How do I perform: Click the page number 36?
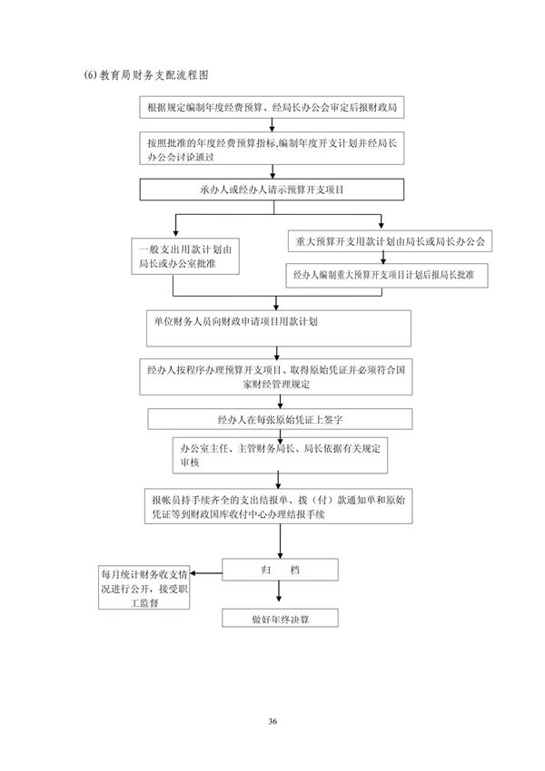coord(272,720)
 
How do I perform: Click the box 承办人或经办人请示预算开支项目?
coord(272,191)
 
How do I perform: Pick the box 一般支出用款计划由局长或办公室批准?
coord(186,258)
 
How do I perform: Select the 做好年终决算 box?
coord(280,619)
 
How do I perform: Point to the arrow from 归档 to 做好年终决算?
coord(280,595)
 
